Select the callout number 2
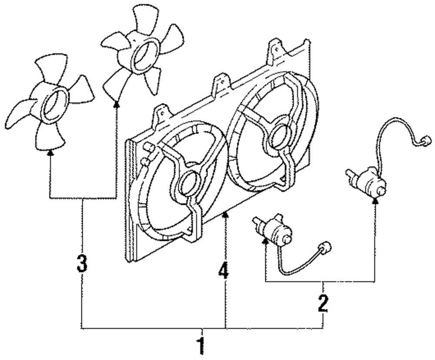coord(322,304)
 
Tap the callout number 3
coord(82,263)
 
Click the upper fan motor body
coord(368,180)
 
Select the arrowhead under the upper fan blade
coord(117,103)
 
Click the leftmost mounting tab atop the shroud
coord(161,113)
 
